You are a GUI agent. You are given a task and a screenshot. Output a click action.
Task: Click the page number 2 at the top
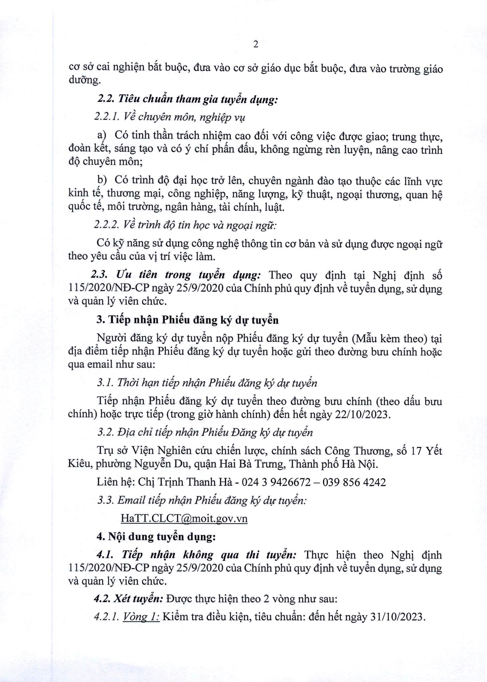256,45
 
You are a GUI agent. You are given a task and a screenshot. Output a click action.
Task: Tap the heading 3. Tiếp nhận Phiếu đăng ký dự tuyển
188,320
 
